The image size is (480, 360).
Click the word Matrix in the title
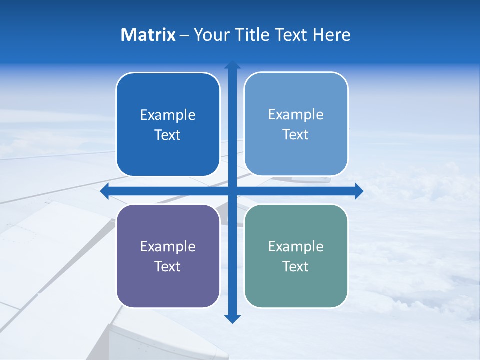[x=148, y=35]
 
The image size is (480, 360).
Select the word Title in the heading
[x=252, y=35]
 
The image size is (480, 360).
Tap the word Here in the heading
[x=331, y=35]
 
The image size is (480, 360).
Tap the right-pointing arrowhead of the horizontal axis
[x=359, y=191]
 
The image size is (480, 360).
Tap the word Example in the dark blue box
[x=168, y=115]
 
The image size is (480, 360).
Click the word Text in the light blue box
[x=296, y=135]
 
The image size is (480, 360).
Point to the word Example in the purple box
[x=168, y=247]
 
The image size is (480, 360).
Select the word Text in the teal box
[x=296, y=267]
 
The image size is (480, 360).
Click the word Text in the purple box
[x=168, y=267]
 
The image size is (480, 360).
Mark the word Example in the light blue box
[x=296, y=115]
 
